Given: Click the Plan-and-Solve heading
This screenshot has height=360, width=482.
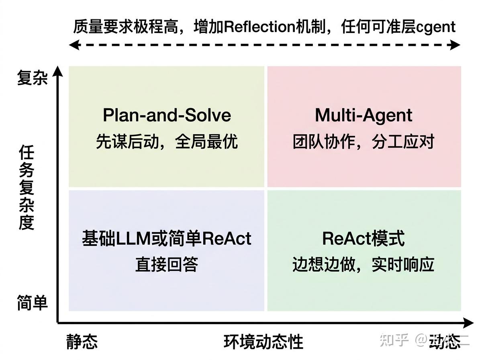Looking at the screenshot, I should point(167,115).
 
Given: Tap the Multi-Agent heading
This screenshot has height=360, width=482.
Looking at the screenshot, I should point(364,115).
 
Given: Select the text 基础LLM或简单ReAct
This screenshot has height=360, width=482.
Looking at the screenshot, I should point(167,238).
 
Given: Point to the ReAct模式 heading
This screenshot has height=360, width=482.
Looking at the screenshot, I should point(364,238).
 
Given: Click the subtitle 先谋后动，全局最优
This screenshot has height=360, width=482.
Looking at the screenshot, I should point(167,142).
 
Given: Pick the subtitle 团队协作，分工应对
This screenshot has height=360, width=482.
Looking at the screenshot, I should point(364,142).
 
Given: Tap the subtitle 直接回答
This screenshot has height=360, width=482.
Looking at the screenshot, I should point(167,265).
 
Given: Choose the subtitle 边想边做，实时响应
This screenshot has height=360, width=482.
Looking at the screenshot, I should point(364,265).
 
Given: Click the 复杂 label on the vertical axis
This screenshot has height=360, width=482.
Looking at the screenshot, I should point(32,78).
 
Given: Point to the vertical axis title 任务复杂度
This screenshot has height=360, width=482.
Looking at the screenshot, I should point(27,188).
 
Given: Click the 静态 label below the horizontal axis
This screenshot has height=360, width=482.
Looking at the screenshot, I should point(82,342).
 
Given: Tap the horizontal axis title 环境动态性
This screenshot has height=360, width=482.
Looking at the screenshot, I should point(263,342).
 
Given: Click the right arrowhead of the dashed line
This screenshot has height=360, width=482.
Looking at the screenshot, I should point(455,45).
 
